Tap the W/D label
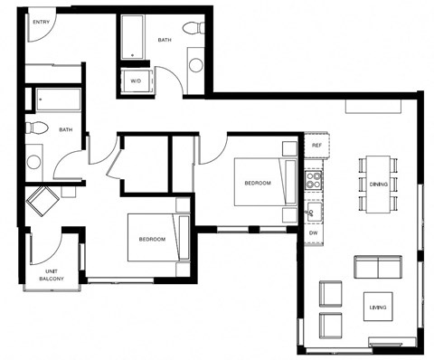pyautogui.click(x=137, y=81)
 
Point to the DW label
pyautogui.click(x=314, y=232)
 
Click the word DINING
pyautogui.click(x=379, y=184)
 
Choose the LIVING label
pyautogui.click(x=378, y=308)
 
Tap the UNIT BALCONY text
pyautogui.click(x=51, y=275)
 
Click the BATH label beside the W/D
pyautogui.click(x=164, y=40)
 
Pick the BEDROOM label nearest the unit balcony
pyautogui.click(x=152, y=239)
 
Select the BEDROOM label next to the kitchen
pyautogui.click(x=257, y=183)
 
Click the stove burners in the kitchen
pyautogui.click(x=314, y=178)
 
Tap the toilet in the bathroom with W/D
pyautogui.click(x=193, y=29)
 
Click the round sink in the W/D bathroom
pyautogui.click(x=196, y=64)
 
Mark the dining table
pyautogui.click(x=379, y=185)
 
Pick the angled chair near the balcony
pyautogui.click(x=42, y=200)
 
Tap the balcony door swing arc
pyautogui.click(x=47, y=244)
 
